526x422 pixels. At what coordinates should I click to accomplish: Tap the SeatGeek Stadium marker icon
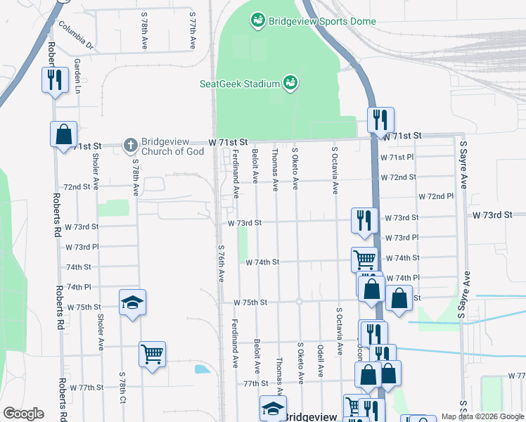pyautogui.click(x=289, y=84)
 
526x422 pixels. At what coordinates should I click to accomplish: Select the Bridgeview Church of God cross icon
pyautogui.click(x=130, y=146)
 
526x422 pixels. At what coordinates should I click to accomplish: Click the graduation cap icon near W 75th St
pyautogui.click(x=132, y=302)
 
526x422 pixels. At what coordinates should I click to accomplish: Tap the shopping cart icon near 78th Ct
pyautogui.click(x=152, y=354)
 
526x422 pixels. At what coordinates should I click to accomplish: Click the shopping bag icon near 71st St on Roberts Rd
pyautogui.click(x=63, y=133)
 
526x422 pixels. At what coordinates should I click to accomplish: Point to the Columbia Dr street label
pyautogui.click(x=76, y=36)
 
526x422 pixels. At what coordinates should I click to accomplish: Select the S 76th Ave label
pyautogui.click(x=220, y=265)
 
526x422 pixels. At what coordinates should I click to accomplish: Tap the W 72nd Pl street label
pyautogui.click(x=436, y=197)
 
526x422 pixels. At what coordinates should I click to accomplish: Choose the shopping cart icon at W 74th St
pyautogui.click(x=364, y=259)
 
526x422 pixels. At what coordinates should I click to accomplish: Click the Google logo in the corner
pyautogui.click(x=23, y=414)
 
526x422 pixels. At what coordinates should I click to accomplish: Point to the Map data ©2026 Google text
pyautogui.click(x=482, y=417)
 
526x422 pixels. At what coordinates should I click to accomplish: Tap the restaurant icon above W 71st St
pyautogui.click(x=380, y=120)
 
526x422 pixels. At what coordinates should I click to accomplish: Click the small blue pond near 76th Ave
pyautogui.click(x=203, y=369)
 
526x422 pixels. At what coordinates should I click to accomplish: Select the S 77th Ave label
pyautogui.click(x=192, y=30)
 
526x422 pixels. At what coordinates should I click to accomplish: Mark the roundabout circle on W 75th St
pyautogui.click(x=299, y=302)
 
